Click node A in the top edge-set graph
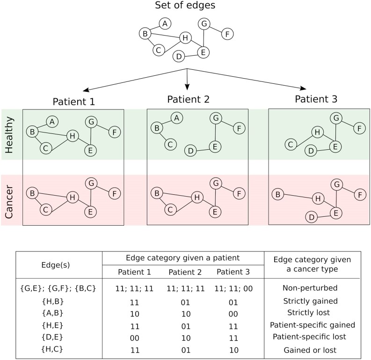[164, 23]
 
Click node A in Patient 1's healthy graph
[52, 121]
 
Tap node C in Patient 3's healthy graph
[291, 144]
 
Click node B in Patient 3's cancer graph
[276, 193]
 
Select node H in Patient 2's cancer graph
[197, 197]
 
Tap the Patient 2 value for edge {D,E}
[186, 336]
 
